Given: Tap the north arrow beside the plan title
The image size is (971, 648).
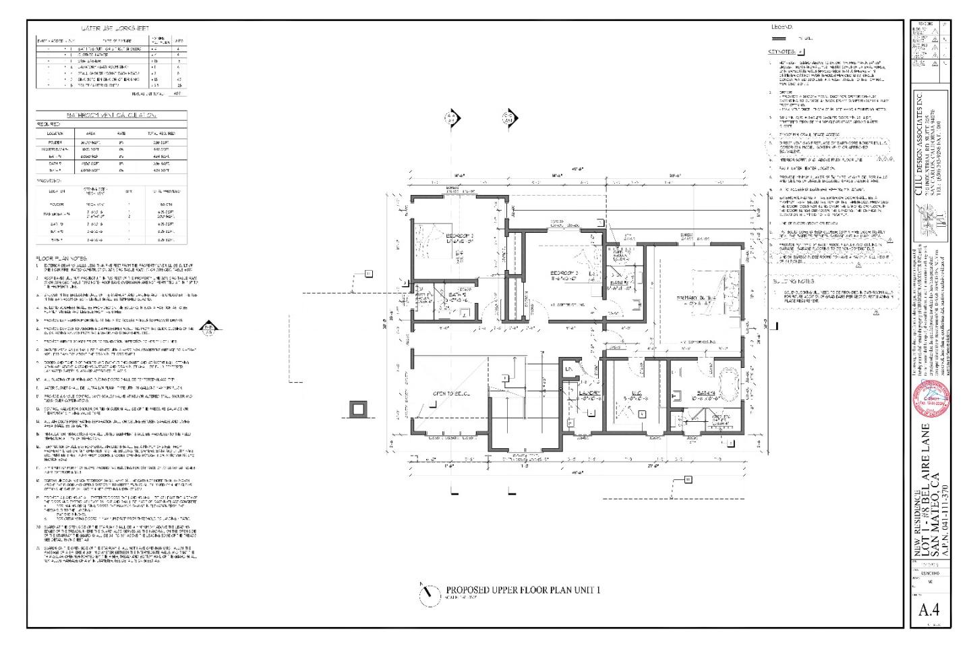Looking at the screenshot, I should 428,594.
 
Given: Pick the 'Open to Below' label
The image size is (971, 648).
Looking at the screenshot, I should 451,393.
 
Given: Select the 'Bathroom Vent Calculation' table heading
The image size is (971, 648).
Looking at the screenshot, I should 111,116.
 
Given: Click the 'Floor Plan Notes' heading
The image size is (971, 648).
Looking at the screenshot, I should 61,258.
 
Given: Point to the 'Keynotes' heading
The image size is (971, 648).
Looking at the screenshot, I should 782,51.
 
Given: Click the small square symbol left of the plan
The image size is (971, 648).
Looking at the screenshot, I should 357,410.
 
